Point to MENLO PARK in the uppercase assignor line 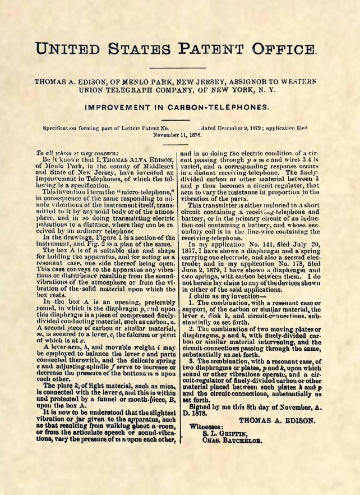pyautogui.click(x=134, y=81)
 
